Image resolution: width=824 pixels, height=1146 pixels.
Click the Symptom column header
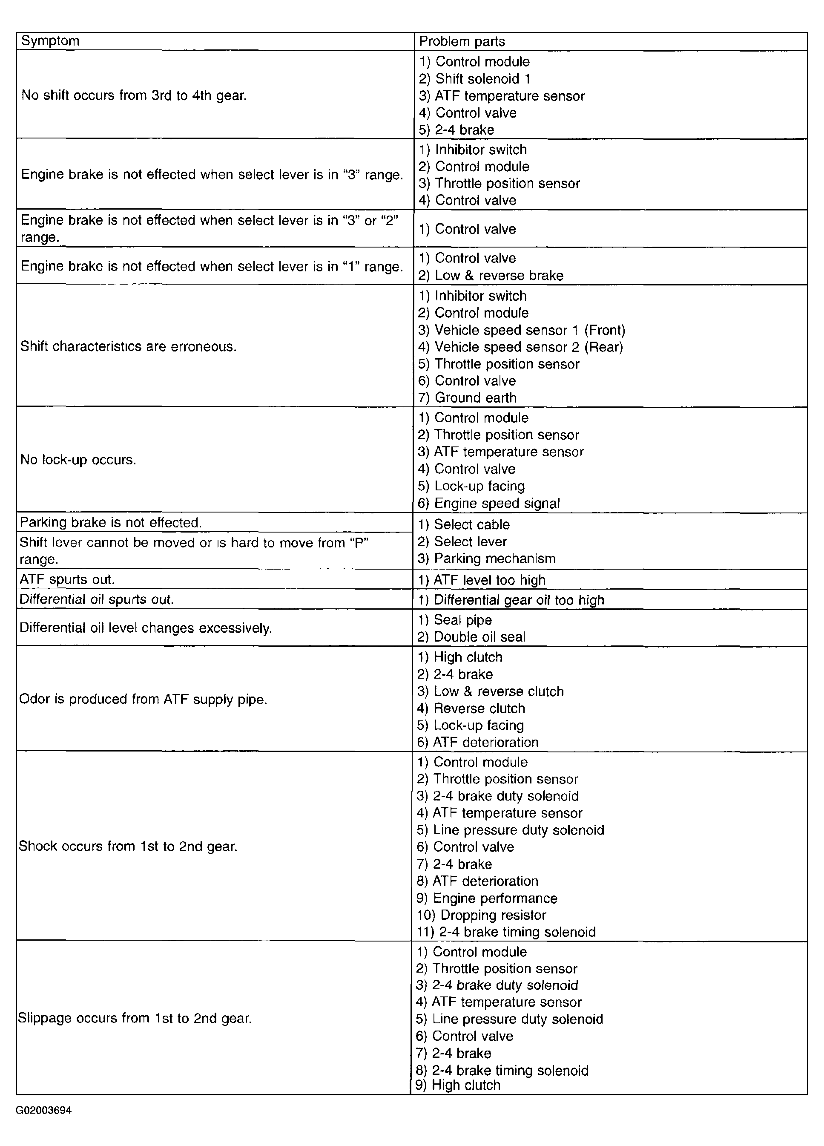[51, 41]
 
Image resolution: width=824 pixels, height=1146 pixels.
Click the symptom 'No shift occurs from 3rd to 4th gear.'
[134, 95]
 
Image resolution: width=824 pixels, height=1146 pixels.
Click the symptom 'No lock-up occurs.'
[78, 460]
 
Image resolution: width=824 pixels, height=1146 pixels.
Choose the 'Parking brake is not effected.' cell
[111, 522]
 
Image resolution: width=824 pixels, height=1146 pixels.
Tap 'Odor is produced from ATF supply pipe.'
[143, 700]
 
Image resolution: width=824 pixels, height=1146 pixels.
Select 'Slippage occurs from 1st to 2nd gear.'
[135, 1018]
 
